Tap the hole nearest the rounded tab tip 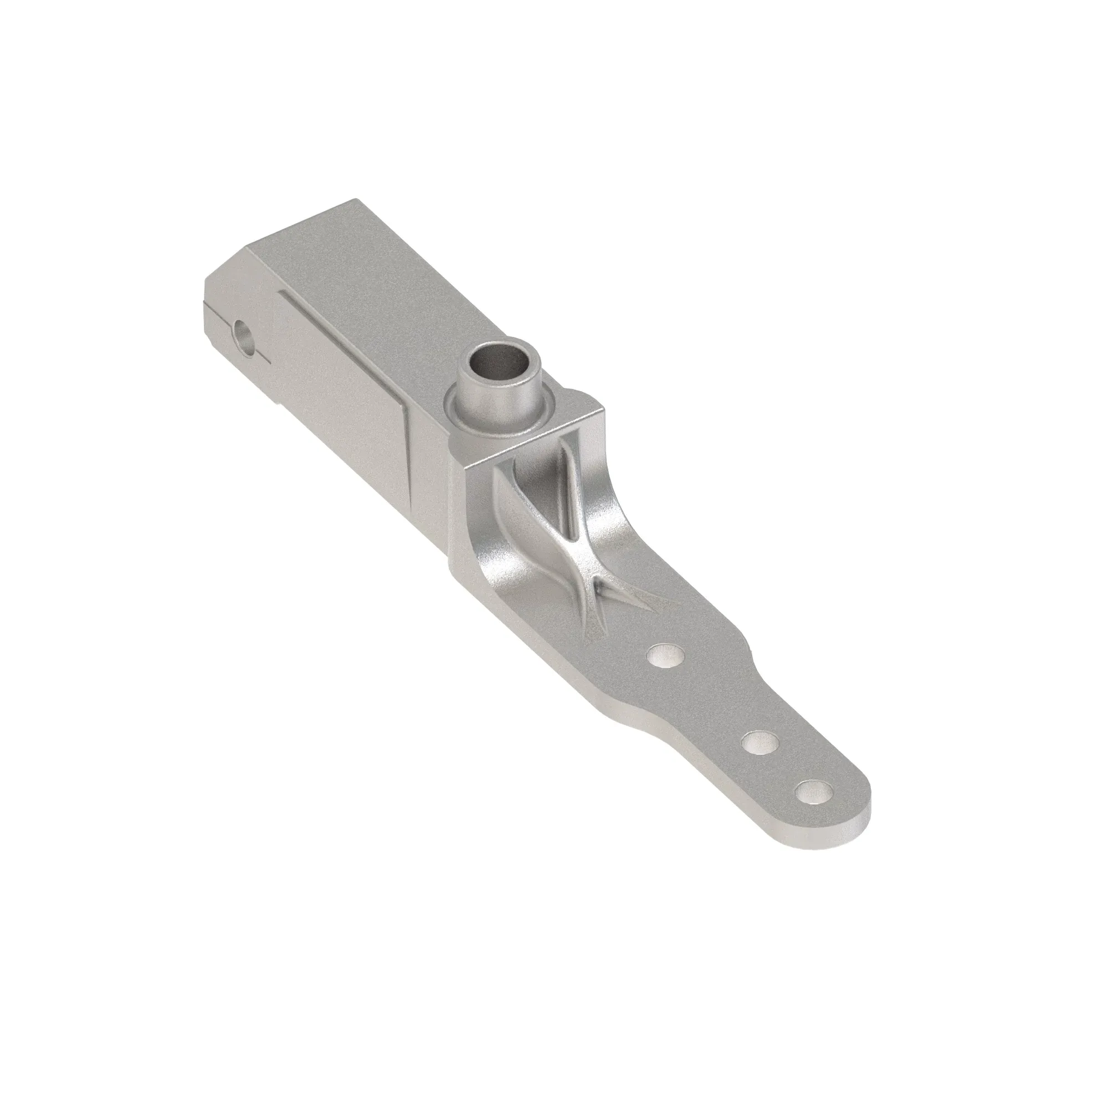click(x=814, y=792)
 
